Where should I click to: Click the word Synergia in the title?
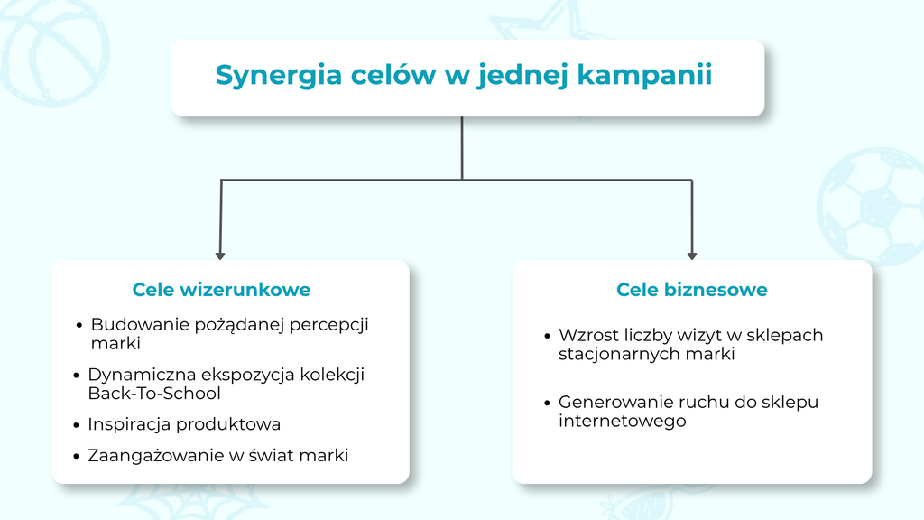278,76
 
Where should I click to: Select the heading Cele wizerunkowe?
221,290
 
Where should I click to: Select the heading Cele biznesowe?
692,290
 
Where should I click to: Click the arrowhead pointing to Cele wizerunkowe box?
220,255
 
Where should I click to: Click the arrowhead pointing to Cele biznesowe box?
692,255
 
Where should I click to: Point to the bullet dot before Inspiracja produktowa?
76,425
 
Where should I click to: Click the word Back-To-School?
154,394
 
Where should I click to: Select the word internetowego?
623,421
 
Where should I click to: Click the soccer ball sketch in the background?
871,207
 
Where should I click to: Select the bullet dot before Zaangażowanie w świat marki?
76,456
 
